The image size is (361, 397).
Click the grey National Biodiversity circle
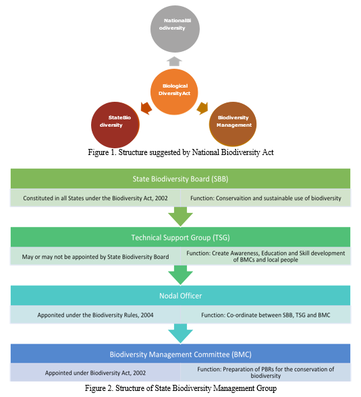pyautogui.click(x=175, y=29)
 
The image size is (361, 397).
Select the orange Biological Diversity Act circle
pyautogui.click(x=174, y=92)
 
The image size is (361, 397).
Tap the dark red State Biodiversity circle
pyautogui.click(x=115, y=125)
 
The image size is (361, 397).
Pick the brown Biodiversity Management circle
pyautogui.click(x=233, y=124)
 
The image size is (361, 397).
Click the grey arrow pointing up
pyautogui.click(x=174, y=61)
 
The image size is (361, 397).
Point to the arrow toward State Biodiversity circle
pyautogui.click(x=146, y=109)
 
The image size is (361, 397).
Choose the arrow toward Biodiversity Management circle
pyautogui.click(x=202, y=109)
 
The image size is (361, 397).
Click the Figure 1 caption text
pyautogui.click(x=181, y=152)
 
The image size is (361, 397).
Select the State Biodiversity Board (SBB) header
pyautogui.click(x=181, y=179)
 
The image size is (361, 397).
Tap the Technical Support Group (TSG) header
pyautogui.click(x=181, y=237)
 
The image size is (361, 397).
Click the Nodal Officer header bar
pyautogui.click(x=181, y=295)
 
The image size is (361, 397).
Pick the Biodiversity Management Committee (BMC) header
pyautogui.click(x=181, y=354)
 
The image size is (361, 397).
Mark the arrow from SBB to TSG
pyautogui.click(x=181, y=216)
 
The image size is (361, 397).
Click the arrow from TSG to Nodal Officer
pyautogui.click(x=181, y=275)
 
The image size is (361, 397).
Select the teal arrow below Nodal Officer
pyautogui.click(x=181, y=334)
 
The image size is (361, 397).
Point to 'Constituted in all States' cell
pyautogui.click(x=95, y=198)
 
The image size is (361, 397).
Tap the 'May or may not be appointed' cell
pyautogui.click(x=95, y=257)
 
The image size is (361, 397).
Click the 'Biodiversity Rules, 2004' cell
pyautogui.click(x=95, y=315)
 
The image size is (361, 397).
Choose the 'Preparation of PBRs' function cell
pyautogui.click(x=265, y=373)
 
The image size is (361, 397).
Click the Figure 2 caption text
pyautogui.click(x=181, y=388)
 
